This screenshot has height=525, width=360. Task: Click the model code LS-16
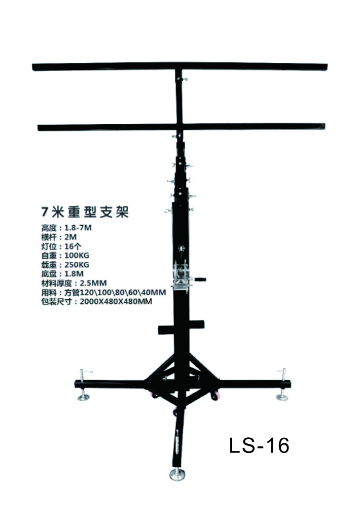tap(259, 445)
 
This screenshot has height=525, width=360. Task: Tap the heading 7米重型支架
tap(85, 212)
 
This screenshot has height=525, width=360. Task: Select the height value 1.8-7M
tap(78, 228)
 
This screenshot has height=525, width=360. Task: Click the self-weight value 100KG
tap(77, 256)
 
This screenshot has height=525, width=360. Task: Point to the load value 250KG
tap(77, 264)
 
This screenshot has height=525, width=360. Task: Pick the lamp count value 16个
tap(73, 247)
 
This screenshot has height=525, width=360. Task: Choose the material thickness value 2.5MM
tap(93, 283)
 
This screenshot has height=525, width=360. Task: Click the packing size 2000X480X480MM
tap(116, 301)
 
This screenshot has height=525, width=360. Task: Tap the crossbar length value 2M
tap(70, 237)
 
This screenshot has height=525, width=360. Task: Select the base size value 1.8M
tap(74, 274)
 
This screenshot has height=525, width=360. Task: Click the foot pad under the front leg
tap(177, 474)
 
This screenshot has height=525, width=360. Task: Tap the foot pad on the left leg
tap(83, 397)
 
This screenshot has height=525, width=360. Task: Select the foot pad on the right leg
tap(282, 397)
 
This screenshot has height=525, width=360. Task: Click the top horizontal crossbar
tap(179, 66)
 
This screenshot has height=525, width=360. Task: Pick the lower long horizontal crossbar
tap(181, 127)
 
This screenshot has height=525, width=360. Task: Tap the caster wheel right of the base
tap(215, 396)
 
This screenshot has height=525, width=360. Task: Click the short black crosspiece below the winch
tap(181, 328)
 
